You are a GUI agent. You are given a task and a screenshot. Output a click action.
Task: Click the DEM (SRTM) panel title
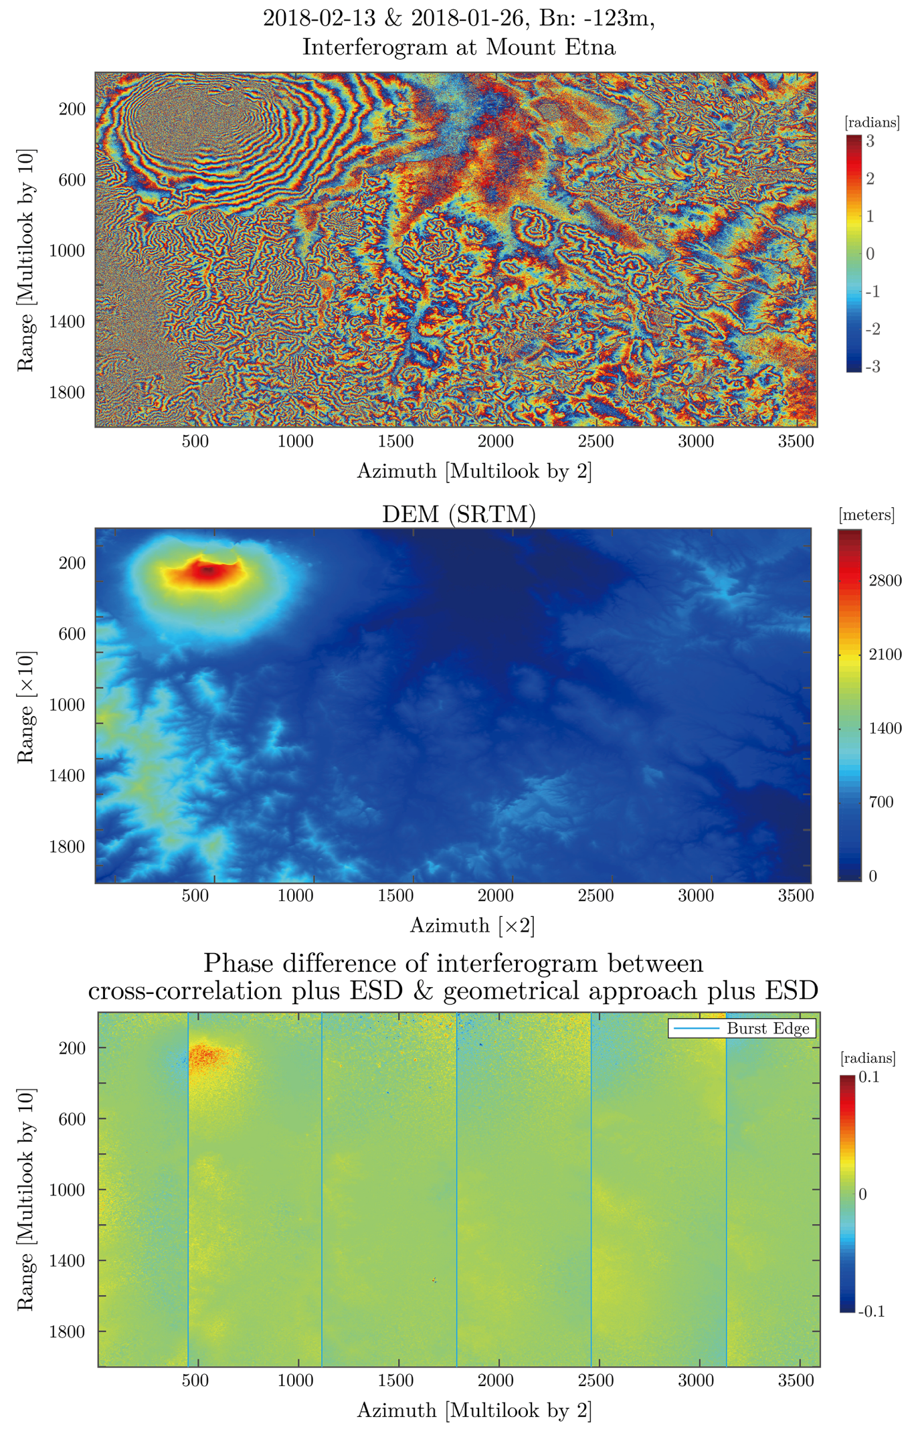click(x=458, y=514)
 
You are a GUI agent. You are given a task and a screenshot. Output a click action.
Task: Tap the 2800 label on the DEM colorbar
click(x=885, y=580)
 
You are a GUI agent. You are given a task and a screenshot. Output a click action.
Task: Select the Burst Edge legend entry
click(x=742, y=1028)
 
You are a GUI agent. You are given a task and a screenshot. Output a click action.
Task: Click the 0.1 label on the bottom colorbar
click(x=868, y=1077)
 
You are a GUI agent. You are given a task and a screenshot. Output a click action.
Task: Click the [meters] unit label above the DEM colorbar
click(x=866, y=515)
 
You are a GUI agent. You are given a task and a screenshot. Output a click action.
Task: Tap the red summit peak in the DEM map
click(x=206, y=570)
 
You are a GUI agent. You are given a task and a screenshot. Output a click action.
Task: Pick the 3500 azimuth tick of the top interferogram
click(x=796, y=442)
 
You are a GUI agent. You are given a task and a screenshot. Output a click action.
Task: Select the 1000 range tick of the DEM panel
click(x=68, y=705)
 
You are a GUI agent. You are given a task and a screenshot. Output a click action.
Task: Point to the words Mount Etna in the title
click(x=550, y=48)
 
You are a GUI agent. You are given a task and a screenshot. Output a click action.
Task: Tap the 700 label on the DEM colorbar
click(x=881, y=802)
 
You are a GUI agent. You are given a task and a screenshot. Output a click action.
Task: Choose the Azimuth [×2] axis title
click(x=472, y=926)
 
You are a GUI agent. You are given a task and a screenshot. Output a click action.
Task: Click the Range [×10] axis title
click(x=25, y=707)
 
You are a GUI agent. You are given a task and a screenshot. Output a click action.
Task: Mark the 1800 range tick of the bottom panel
click(x=68, y=1332)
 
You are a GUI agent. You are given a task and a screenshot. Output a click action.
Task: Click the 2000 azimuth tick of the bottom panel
click(x=495, y=1381)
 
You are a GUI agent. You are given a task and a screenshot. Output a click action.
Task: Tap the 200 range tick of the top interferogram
click(x=72, y=109)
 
